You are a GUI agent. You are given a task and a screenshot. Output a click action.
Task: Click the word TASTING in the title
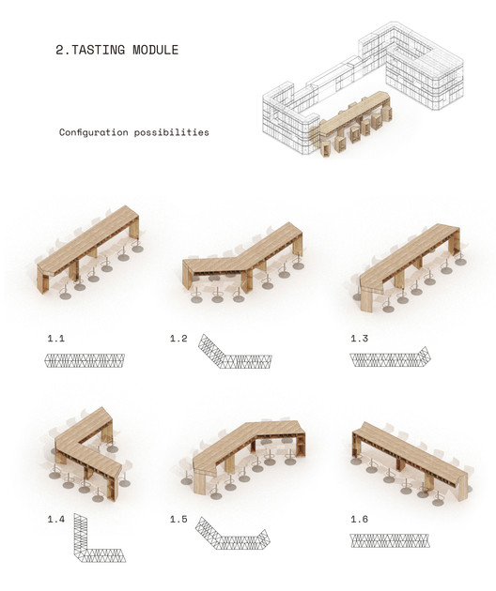[98, 50]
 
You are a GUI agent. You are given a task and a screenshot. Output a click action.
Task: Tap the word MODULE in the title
[156, 50]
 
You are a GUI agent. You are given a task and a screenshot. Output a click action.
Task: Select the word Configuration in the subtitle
[94, 132]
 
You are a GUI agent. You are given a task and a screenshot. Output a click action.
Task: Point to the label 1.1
[55, 339]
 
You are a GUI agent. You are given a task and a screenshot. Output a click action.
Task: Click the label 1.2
[178, 339]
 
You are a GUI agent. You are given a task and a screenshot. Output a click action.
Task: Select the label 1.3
[360, 339]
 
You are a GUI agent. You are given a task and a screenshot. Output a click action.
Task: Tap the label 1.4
[55, 520]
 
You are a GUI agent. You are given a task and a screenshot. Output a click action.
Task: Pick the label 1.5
[178, 520]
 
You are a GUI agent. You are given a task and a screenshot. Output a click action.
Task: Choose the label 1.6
[360, 520]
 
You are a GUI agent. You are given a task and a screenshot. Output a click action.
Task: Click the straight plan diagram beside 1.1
[85, 361]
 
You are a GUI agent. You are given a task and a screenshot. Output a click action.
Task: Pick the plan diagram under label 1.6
[390, 540]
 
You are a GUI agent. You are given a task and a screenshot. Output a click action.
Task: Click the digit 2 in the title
[60, 50]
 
